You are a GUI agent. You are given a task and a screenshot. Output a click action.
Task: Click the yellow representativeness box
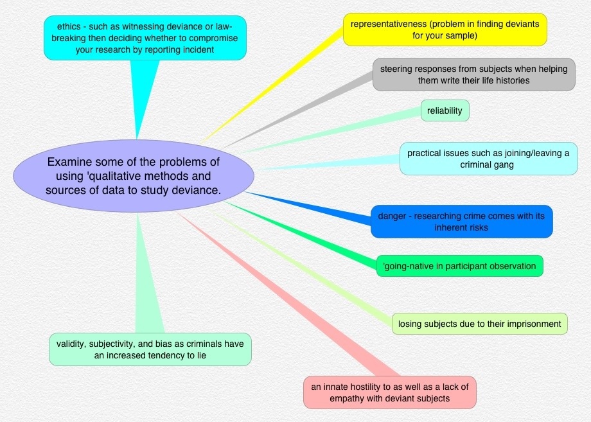point(445,30)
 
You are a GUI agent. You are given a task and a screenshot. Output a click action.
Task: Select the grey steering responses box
point(474,75)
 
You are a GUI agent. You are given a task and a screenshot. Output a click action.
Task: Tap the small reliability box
point(445,110)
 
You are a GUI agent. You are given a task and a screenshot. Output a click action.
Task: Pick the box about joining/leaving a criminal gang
point(488,159)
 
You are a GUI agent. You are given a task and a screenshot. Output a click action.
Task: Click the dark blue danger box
point(462,222)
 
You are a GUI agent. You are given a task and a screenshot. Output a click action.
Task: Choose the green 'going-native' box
point(459,266)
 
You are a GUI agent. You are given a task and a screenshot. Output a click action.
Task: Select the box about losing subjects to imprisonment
point(479,324)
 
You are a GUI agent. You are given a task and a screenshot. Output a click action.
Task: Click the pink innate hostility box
point(390,392)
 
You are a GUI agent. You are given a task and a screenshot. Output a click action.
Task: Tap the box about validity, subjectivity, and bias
point(150,349)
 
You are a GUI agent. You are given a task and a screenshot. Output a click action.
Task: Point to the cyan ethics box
point(145,38)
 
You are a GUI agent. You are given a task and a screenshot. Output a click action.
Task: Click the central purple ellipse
point(134,176)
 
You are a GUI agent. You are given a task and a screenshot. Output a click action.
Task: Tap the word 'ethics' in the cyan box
point(69,27)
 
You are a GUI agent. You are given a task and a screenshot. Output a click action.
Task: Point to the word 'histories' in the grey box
point(513,80)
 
